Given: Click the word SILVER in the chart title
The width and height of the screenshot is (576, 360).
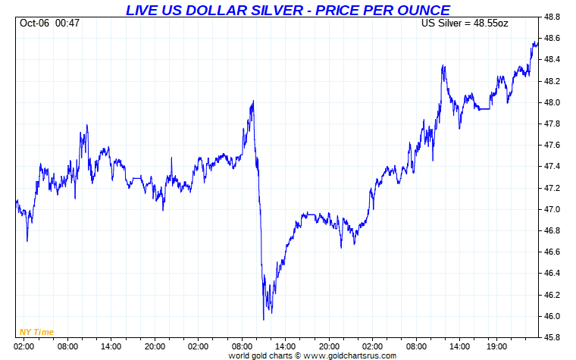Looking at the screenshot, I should [266, 10].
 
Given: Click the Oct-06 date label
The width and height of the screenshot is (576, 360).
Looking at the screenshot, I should [34, 23].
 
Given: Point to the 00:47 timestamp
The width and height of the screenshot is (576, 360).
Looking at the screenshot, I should [67, 23].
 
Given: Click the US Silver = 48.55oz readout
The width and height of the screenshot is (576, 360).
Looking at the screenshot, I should [465, 23].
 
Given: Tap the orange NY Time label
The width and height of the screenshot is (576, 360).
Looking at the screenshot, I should [36, 332].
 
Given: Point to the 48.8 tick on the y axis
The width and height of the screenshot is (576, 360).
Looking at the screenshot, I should [553, 17].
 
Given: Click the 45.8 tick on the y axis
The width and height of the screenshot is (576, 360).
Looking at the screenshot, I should [553, 337].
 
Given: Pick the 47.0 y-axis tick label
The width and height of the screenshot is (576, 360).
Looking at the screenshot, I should [553, 209].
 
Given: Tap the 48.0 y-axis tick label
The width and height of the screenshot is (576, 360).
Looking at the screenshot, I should [553, 102].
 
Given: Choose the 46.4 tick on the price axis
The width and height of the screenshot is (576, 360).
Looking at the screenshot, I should [553, 273].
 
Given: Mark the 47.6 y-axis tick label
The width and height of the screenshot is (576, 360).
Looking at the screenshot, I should [553, 145].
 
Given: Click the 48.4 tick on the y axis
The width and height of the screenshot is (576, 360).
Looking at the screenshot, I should [553, 59].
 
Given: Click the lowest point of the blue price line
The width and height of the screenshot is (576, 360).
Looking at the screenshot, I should [263, 320].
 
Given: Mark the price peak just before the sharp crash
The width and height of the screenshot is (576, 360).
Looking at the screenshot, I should [252, 101].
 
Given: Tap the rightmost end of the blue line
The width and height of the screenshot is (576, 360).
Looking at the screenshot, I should [537, 43].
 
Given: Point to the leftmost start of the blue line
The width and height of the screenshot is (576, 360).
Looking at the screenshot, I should [16, 201].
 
